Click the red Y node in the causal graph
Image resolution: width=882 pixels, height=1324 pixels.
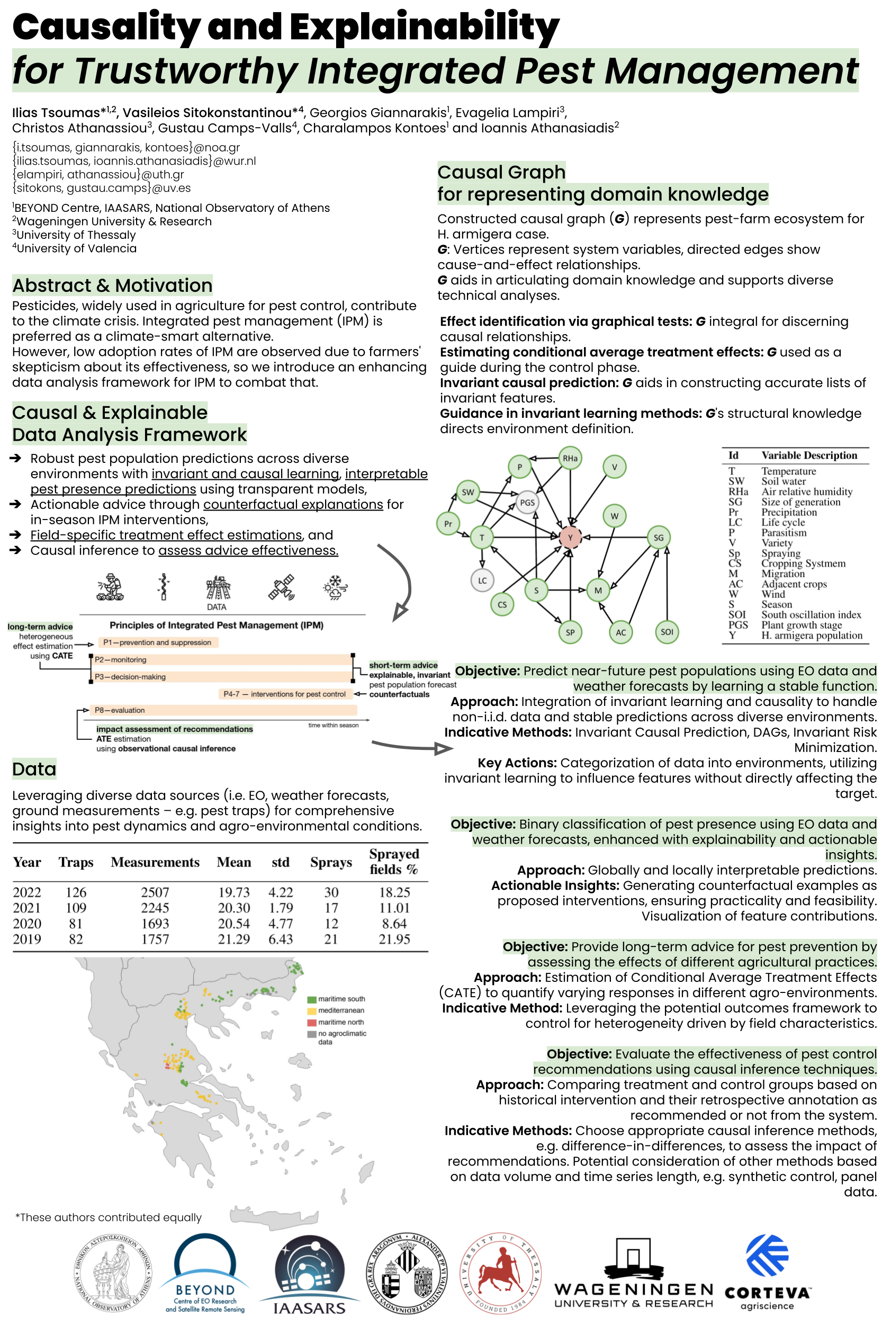[570, 537]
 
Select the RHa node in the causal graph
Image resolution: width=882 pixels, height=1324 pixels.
[570, 458]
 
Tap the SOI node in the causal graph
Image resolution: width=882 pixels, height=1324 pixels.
[667, 631]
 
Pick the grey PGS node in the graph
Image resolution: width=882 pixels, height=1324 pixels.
[527, 503]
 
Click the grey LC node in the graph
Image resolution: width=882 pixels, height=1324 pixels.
[482, 580]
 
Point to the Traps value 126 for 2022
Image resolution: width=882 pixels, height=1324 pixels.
[76, 892]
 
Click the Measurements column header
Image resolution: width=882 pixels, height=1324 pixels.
[155, 862]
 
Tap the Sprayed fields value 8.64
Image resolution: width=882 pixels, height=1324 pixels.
[394, 924]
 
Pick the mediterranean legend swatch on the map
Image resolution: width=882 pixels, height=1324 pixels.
[312, 1010]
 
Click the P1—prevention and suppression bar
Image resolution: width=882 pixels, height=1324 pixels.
[158, 642]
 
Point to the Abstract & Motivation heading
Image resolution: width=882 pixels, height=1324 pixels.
[112, 285]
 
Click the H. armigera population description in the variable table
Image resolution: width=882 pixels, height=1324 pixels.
[812, 636]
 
